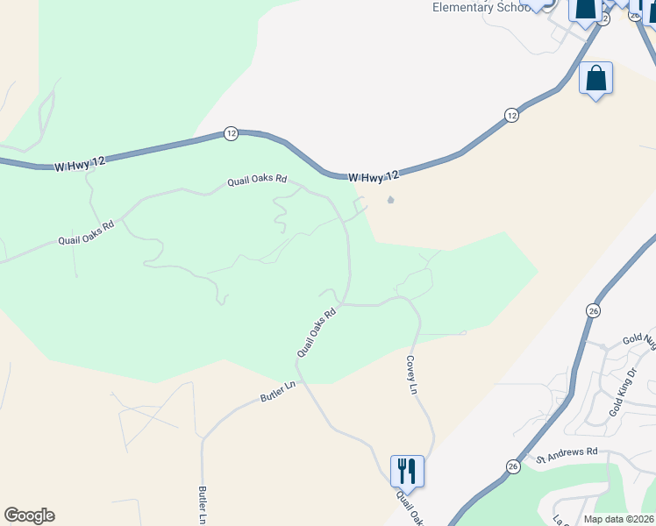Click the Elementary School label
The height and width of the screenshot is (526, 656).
[481, 8]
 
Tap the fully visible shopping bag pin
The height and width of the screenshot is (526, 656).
[596, 79]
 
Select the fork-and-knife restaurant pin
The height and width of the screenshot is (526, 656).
[407, 471]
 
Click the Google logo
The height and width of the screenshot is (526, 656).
[29, 515]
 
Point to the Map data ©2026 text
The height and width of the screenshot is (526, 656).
[617, 519]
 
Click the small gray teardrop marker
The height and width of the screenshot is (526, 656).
[391, 200]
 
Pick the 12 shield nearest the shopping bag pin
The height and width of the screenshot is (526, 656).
[511, 115]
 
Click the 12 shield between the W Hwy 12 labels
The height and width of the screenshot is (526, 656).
[231, 133]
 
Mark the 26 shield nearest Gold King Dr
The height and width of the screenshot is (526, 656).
[594, 310]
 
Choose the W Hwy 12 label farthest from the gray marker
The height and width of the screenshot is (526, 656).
[80, 164]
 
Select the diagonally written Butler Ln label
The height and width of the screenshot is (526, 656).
[280, 392]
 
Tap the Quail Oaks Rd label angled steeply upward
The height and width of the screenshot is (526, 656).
[317, 332]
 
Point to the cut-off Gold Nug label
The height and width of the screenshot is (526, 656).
[638, 339]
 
